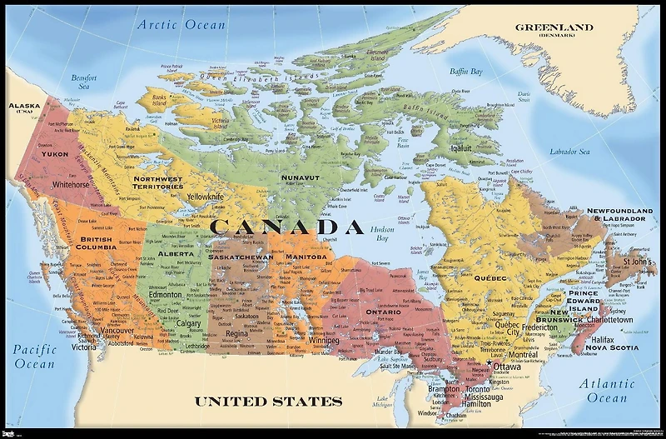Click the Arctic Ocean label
click(x=181, y=24)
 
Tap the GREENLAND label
click(x=554, y=27)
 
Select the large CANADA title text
click(x=286, y=226)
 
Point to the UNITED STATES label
click(x=268, y=402)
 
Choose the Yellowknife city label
click(x=205, y=197)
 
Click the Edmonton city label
click(x=166, y=295)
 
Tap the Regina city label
click(x=236, y=333)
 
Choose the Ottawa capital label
click(x=506, y=367)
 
